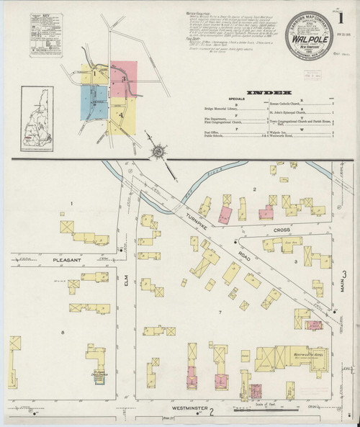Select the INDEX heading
(x=269, y=92)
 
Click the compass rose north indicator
(x=158, y=152)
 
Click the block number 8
(x=64, y=332)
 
